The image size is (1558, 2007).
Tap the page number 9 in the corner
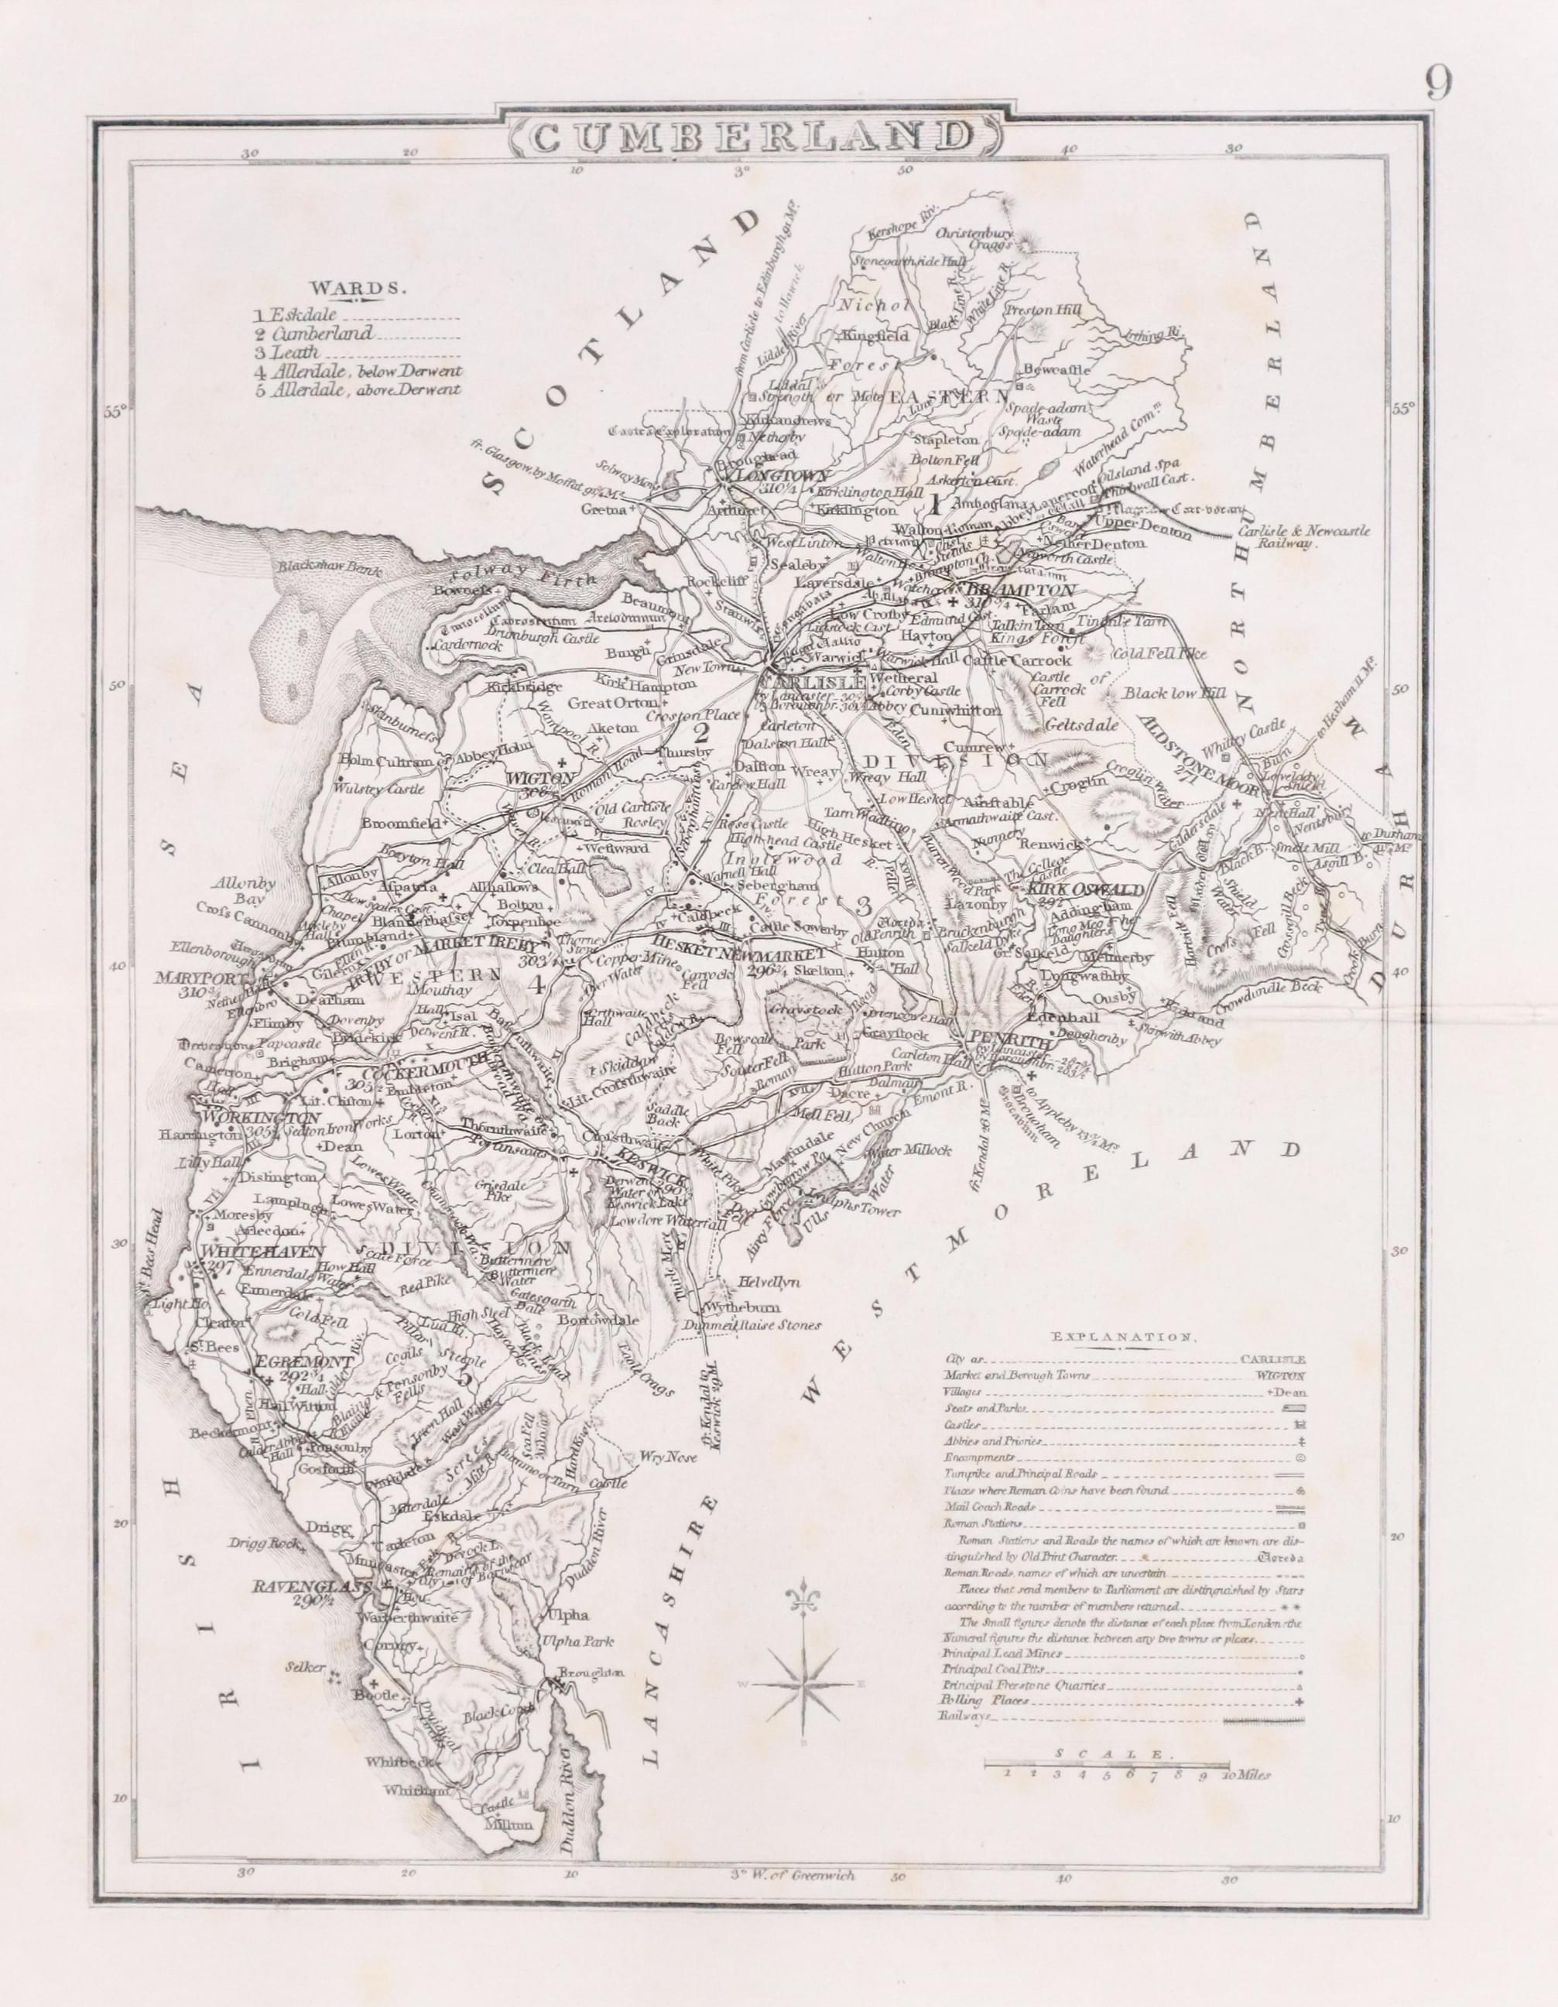1440,84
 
